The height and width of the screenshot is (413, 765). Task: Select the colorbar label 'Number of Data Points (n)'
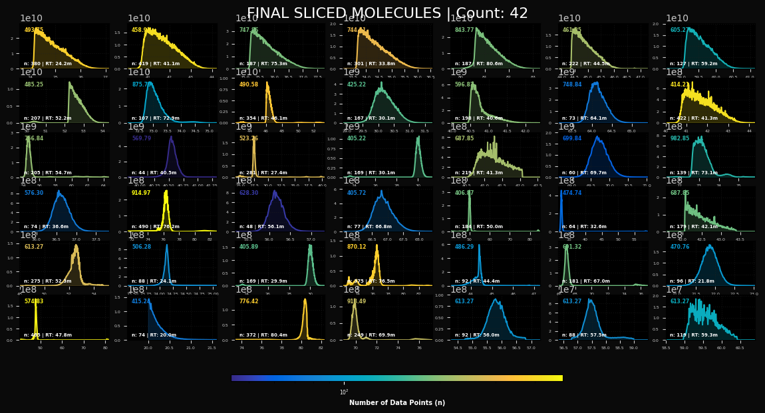click(x=397, y=402)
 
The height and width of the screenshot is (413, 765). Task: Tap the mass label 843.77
click(x=464, y=30)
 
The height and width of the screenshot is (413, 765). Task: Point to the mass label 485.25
click(x=34, y=84)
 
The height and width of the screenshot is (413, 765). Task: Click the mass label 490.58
click(x=249, y=84)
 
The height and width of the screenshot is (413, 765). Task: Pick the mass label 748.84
click(x=572, y=84)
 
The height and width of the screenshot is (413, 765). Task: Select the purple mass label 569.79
click(x=142, y=138)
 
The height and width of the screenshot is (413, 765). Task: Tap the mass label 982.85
click(x=680, y=138)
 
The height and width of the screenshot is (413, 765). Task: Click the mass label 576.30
click(x=34, y=193)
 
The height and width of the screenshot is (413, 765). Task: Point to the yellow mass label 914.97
click(x=141, y=193)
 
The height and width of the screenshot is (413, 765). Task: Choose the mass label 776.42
click(x=249, y=301)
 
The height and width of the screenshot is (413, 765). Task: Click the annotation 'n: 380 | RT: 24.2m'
click(x=48, y=64)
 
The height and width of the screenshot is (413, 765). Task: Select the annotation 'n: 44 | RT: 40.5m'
click(x=154, y=172)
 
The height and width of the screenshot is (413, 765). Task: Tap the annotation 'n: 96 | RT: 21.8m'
click(x=692, y=281)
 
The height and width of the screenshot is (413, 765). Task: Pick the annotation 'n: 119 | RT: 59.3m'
click(x=694, y=335)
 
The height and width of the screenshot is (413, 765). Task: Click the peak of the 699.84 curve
click(x=597, y=137)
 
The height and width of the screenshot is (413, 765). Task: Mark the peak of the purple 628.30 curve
click(x=274, y=192)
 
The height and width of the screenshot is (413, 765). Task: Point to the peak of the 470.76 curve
click(x=710, y=245)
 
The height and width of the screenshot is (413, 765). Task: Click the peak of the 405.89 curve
click(x=310, y=245)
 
